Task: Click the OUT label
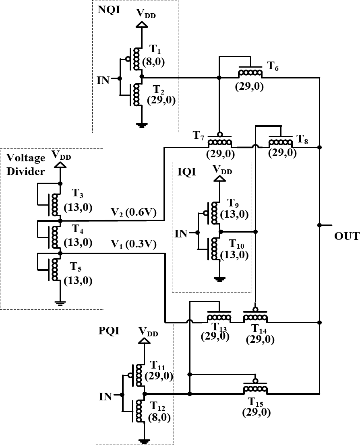coord(346,236)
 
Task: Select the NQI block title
coord(109,10)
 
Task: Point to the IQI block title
coord(186,172)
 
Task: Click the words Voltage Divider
coord(25,165)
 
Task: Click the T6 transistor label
coord(273,66)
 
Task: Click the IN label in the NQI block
coord(103,80)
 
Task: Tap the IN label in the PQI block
coord(106,397)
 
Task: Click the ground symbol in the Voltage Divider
coord(60,303)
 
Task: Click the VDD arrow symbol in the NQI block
coord(141,25)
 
